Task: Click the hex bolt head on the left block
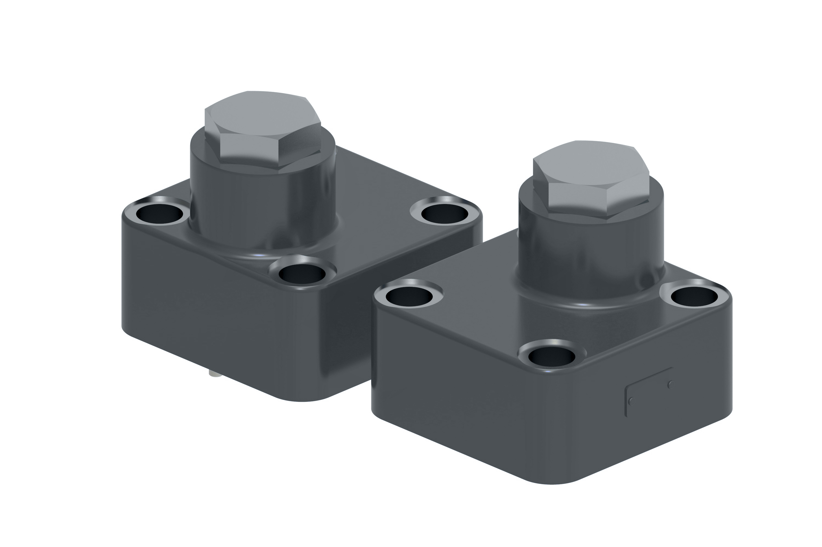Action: click(x=262, y=129)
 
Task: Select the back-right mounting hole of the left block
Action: click(x=444, y=212)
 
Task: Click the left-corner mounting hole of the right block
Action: click(x=409, y=296)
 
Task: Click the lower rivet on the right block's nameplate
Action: click(x=631, y=401)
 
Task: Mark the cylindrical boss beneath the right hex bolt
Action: click(x=590, y=258)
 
